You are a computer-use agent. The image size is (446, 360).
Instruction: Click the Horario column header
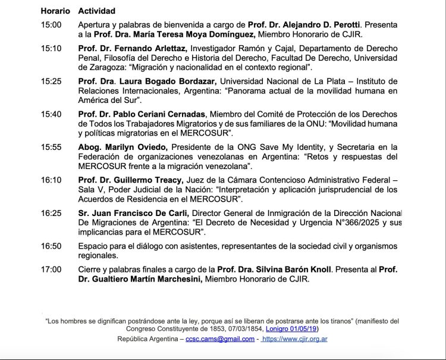pyautogui.click(x=55, y=11)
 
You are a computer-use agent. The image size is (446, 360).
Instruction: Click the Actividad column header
pyautogui.click(x=97, y=11)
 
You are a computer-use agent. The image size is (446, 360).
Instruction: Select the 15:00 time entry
pyautogui.click(x=51, y=24)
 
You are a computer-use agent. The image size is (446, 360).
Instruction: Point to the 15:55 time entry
pyautogui.click(x=51, y=146)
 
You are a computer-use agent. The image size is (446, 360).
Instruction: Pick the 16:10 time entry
pyautogui.click(x=51, y=180)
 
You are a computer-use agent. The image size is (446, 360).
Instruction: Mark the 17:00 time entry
pyautogui.click(x=51, y=269)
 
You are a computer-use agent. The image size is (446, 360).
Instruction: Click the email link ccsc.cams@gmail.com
pyautogui.click(x=220, y=339)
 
